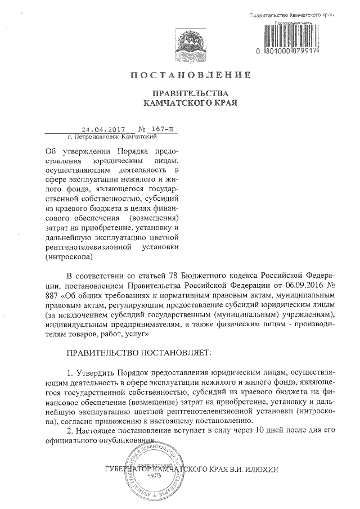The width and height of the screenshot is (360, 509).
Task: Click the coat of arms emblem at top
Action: (189, 42)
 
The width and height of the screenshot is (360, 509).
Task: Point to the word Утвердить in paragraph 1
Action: (96, 373)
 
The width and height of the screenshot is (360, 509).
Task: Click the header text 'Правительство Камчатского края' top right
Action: (288, 13)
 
